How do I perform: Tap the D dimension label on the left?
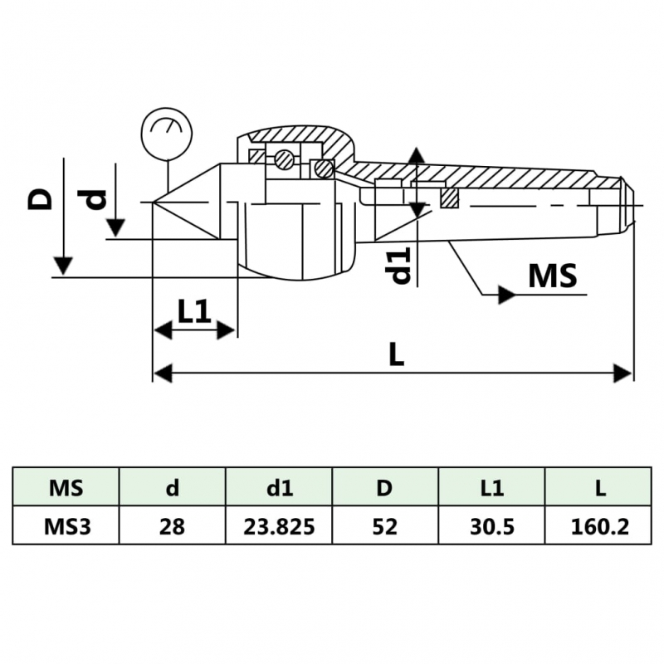(x=41, y=198)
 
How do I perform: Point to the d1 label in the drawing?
(x=401, y=265)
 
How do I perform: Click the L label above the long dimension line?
(x=396, y=354)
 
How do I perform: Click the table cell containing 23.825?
(x=279, y=526)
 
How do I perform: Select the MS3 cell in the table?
(x=66, y=526)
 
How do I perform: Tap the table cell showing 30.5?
(x=491, y=526)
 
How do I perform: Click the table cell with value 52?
(x=385, y=526)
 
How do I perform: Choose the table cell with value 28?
(x=172, y=526)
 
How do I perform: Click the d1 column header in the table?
(x=279, y=487)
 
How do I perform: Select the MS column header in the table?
(x=66, y=487)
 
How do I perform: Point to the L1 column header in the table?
(x=491, y=487)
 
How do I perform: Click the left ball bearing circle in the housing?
(x=284, y=159)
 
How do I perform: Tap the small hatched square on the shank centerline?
(x=449, y=198)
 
